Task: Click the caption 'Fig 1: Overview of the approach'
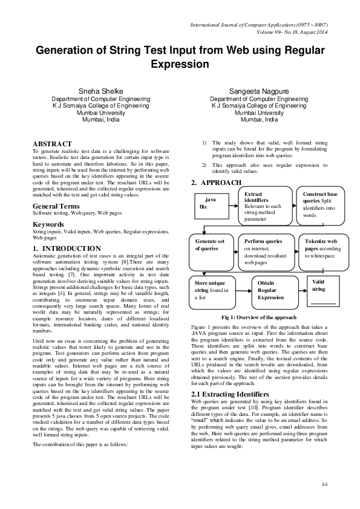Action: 258,317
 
